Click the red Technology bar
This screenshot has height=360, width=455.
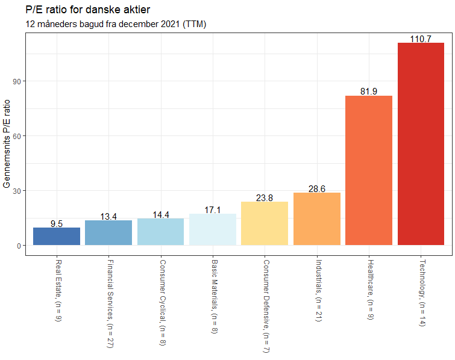tap(421, 144)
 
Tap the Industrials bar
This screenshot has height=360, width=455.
tap(317, 219)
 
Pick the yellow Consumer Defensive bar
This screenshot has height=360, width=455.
tap(265, 223)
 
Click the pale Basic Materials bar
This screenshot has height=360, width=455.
tap(213, 229)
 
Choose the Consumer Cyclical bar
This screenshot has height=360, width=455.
tap(161, 232)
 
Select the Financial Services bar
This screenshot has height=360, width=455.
tap(108, 233)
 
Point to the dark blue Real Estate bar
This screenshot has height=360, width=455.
tap(57, 237)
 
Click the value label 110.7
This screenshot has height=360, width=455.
tap(421, 39)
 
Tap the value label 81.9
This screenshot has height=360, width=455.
tap(369, 92)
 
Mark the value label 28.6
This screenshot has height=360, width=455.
tap(317, 189)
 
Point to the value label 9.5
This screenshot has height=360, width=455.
tap(57, 224)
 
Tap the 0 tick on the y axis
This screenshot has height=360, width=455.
tap(19, 246)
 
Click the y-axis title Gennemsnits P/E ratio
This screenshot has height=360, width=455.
tap(7, 144)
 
